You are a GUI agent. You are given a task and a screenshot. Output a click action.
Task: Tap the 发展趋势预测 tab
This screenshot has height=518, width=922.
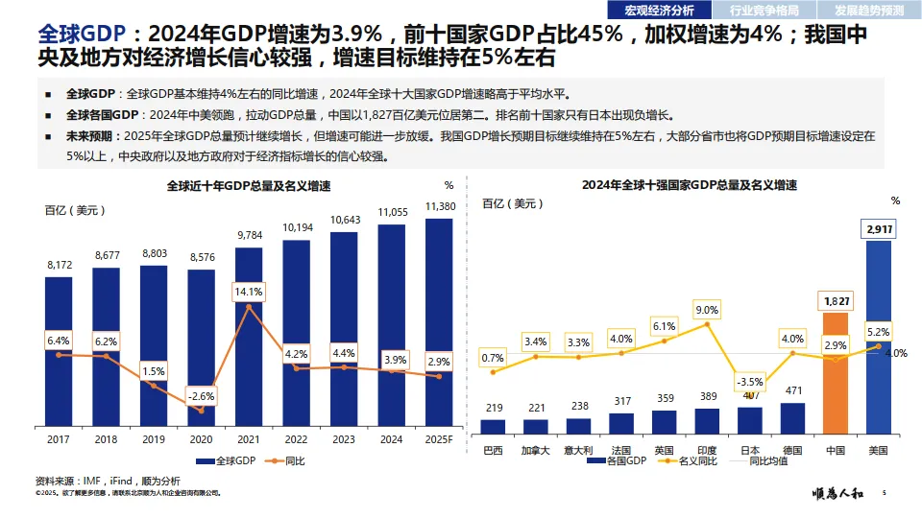pos(868,11)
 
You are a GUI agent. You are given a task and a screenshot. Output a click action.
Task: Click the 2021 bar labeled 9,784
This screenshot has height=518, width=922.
pos(249,336)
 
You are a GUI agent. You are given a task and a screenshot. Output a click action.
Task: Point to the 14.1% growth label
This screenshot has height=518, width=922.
pos(249,291)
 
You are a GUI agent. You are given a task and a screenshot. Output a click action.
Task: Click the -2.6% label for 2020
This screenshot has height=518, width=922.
pos(202,395)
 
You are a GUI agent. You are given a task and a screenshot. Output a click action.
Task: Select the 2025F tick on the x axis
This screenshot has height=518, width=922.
pos(438,438)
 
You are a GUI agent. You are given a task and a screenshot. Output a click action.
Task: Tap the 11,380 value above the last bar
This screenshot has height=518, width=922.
pos(439,206)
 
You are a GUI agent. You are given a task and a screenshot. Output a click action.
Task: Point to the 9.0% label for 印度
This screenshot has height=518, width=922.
pos(707,310)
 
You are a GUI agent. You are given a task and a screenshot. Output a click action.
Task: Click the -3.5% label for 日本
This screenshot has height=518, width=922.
pos(750,382)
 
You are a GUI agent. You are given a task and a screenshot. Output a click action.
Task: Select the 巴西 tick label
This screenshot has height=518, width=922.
pos(493,449)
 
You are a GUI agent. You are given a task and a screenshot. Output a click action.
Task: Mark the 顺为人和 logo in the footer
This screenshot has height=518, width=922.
pos(837,494)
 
